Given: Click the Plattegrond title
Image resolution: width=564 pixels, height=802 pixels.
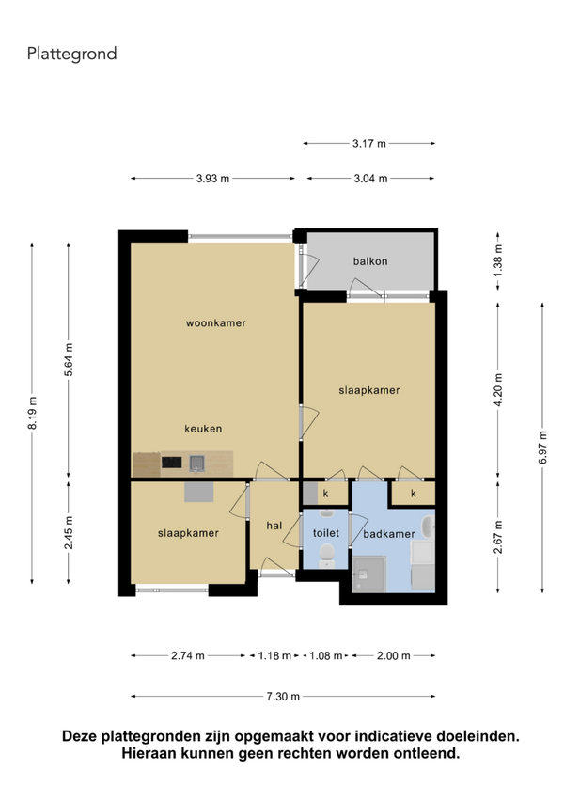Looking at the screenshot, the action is point(72,54).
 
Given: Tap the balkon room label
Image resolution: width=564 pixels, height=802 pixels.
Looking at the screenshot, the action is point(370,261).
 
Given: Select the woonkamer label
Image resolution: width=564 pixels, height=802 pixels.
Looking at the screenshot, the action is point(216,323).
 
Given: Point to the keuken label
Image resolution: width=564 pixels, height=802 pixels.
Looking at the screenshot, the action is point(203,429).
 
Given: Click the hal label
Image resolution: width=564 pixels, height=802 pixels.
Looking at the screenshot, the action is point(274,526).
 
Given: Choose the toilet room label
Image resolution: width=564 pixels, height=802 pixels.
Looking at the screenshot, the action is point(326,533).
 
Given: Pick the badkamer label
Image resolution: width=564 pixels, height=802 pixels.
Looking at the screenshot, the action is point(389,534).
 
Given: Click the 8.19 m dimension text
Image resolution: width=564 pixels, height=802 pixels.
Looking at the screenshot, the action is point(32,413).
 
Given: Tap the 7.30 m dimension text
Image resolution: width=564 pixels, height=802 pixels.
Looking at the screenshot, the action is point(283,696).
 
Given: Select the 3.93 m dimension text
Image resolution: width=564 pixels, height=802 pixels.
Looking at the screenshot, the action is point(212,179).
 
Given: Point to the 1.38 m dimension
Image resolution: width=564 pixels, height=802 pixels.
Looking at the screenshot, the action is point(498,260).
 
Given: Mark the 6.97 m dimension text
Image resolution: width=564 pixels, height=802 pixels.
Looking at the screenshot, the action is point(542,448).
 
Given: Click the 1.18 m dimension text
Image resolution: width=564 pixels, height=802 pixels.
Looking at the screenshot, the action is point(274,655).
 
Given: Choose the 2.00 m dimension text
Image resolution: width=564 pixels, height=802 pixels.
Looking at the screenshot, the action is point(393,655).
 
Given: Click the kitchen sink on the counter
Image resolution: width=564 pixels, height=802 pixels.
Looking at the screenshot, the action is point(196,463).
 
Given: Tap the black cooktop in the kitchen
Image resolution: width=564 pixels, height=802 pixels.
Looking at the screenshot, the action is point(172,463).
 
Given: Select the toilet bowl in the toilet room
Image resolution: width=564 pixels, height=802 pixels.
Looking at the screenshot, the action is point(326,555).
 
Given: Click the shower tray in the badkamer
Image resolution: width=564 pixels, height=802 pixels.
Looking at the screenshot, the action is point(369,574).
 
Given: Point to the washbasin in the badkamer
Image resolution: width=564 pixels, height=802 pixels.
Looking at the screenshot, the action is point(428,527).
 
